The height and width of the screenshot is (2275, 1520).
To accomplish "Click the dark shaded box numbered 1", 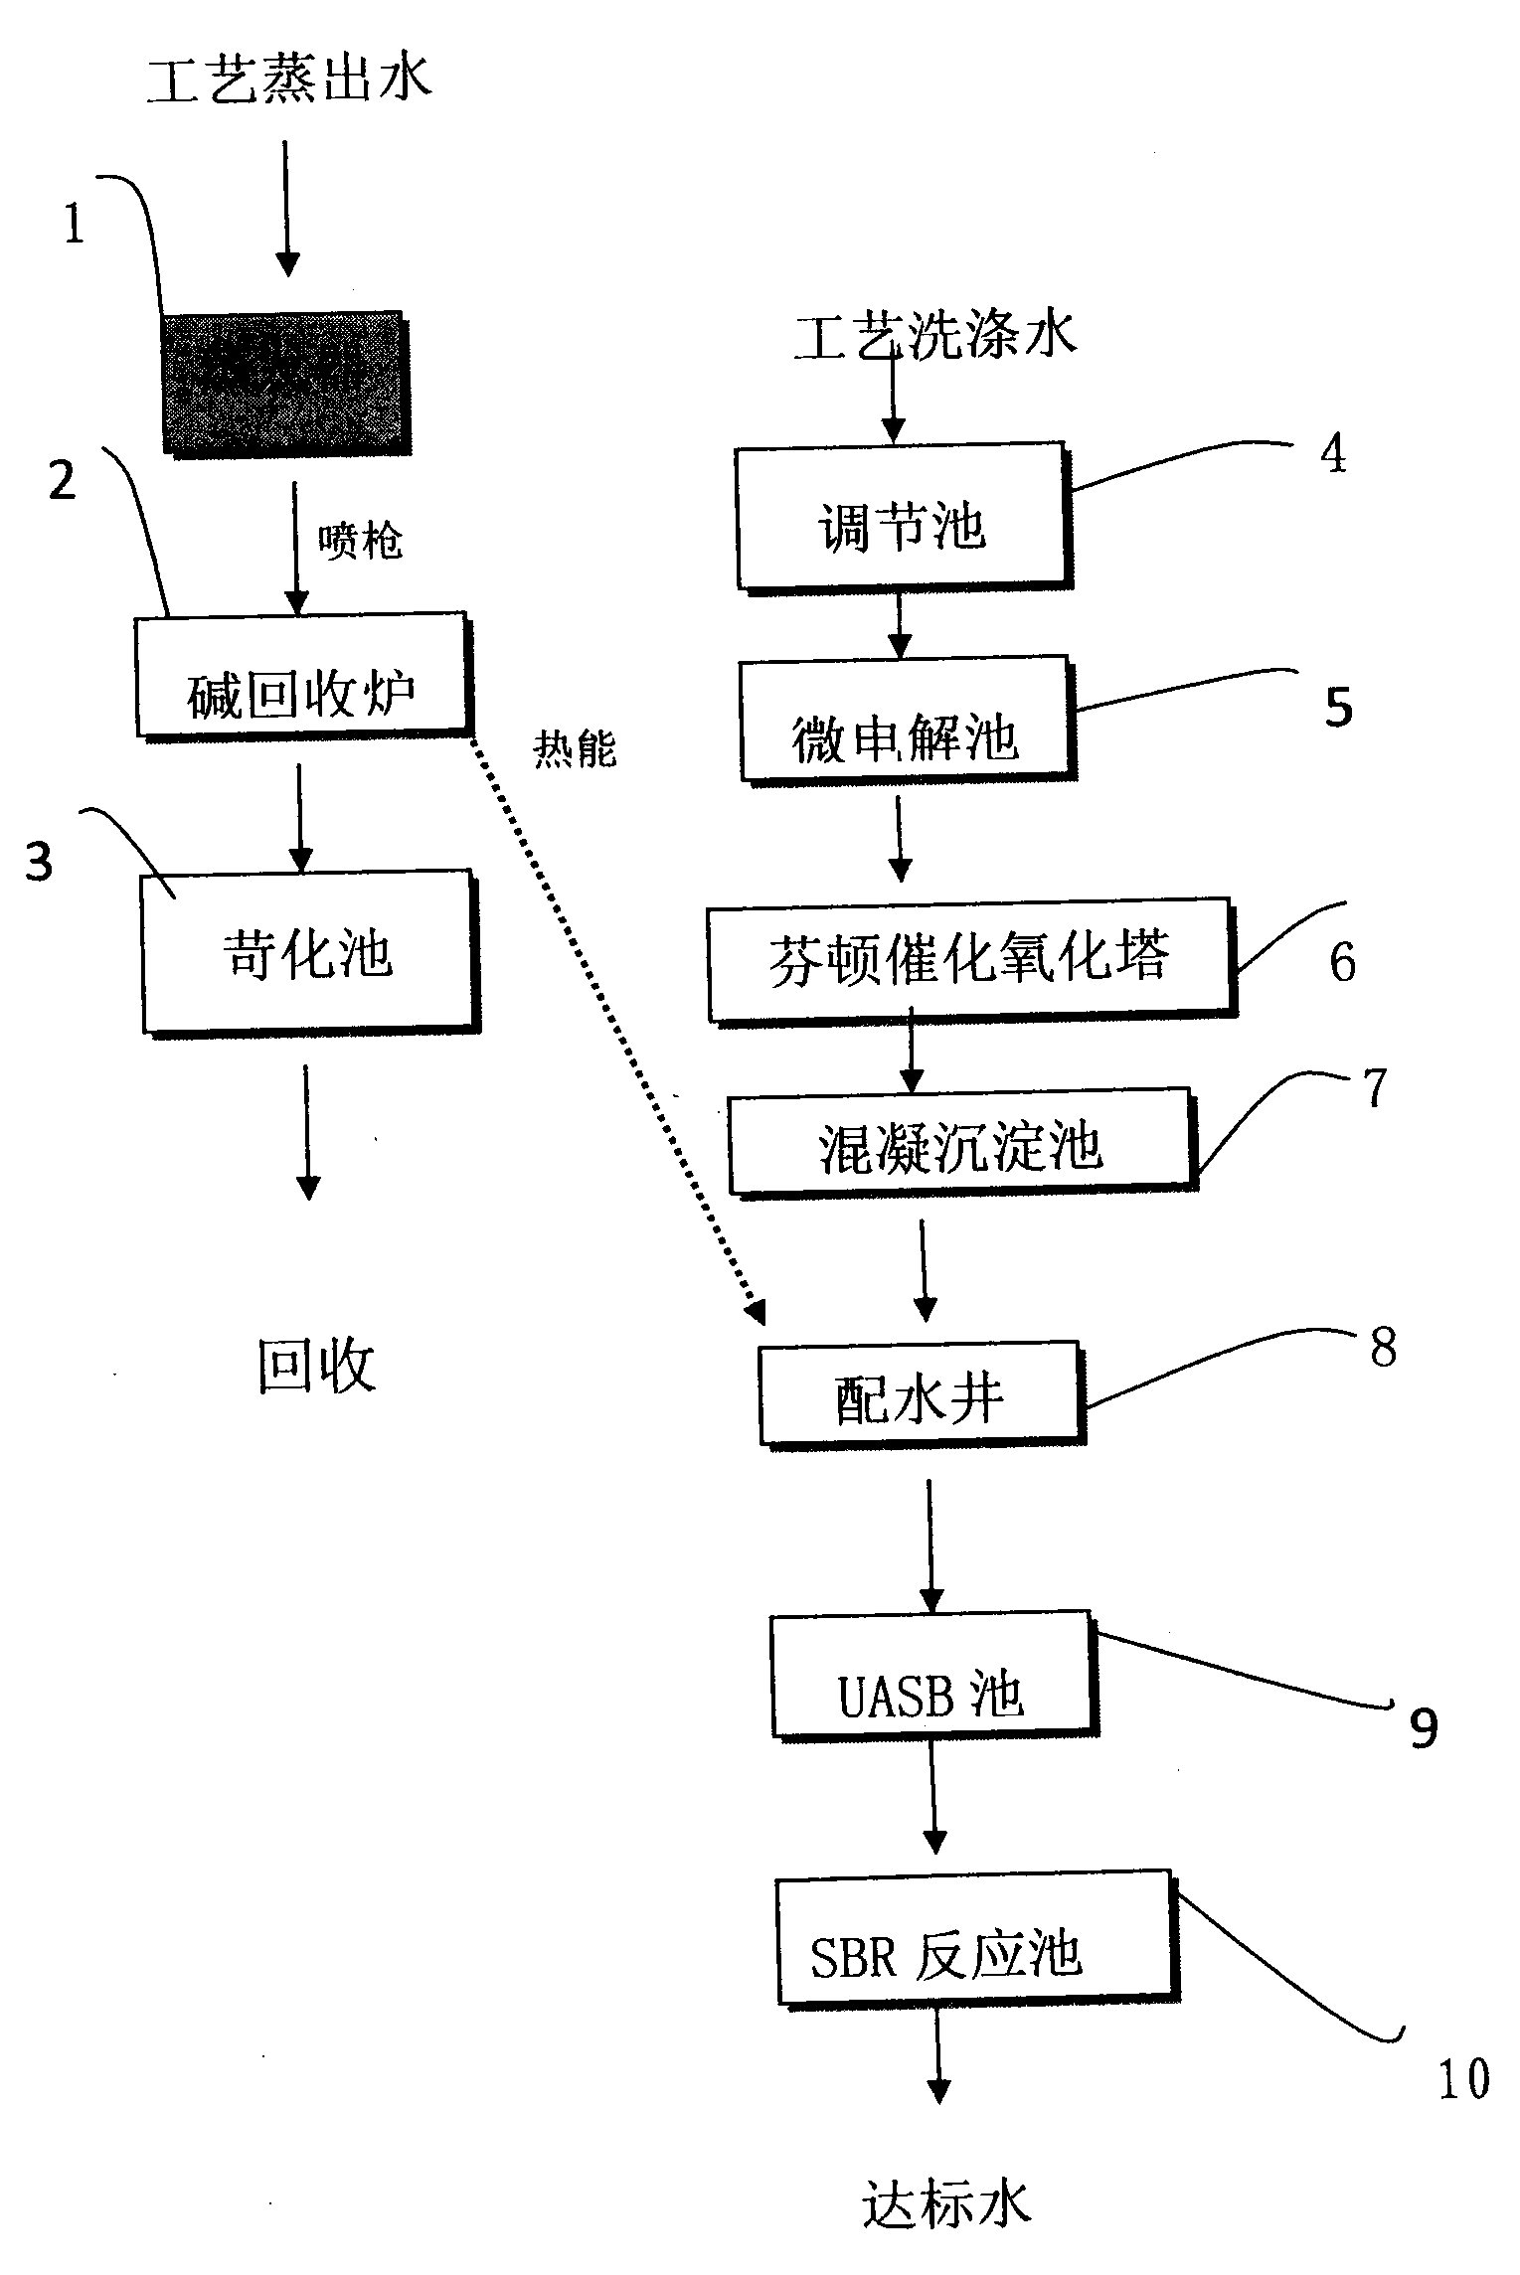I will tap(286, 384).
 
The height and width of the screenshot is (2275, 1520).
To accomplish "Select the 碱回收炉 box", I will tap(301, 674).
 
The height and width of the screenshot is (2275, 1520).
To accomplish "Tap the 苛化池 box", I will tap(308, 952).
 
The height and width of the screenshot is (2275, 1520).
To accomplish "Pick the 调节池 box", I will tap(901, 517).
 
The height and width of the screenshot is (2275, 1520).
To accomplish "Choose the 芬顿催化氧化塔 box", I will tap(969, 959).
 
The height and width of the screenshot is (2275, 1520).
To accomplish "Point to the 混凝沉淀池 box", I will tap(959, 1142).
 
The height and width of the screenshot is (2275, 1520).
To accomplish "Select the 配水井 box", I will tap(921, 1393).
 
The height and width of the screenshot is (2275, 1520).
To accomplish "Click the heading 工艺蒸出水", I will tap(289, 79).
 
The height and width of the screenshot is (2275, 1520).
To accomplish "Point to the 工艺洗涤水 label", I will tap(934, 335).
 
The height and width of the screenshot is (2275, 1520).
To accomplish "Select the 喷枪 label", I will tap(360, 542).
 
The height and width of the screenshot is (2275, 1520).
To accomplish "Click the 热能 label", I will tap(575, 747).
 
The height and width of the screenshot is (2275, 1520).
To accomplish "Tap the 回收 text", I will tap(316, 1366).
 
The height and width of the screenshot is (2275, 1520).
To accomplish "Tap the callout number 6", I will tap(1342, 961).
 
